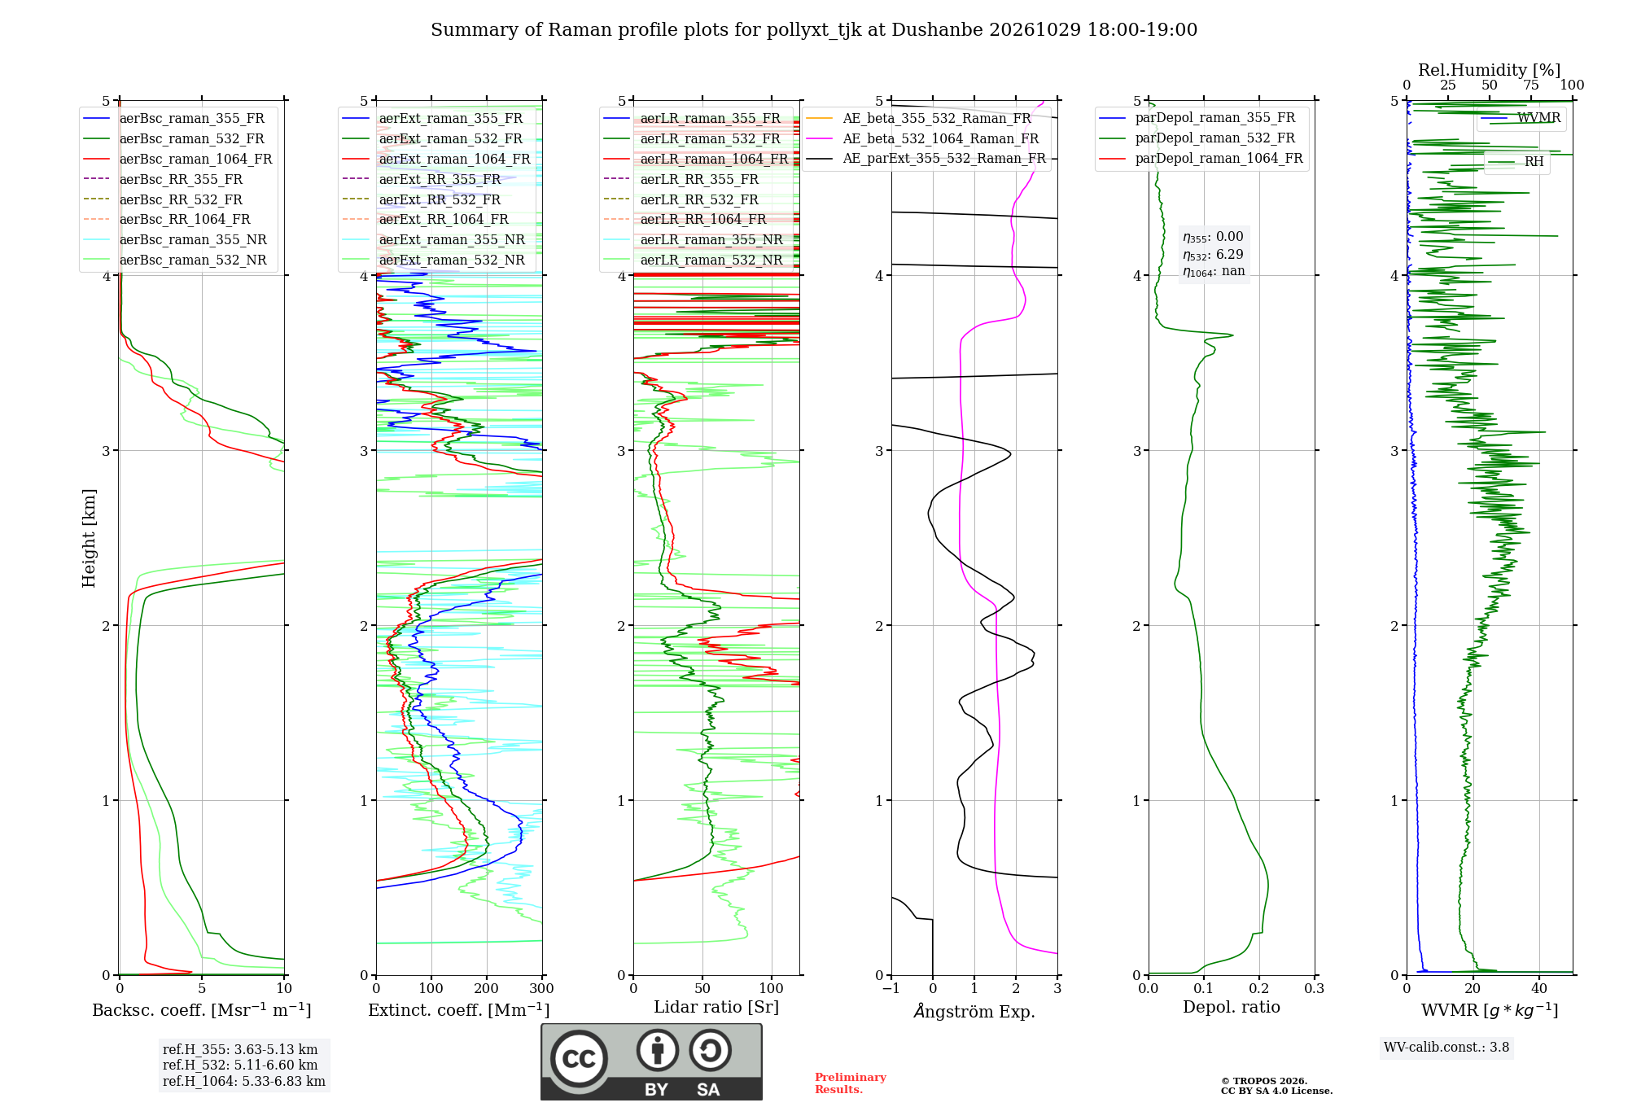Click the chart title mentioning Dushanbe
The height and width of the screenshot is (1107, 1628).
814,30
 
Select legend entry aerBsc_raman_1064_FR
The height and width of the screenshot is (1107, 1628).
177,159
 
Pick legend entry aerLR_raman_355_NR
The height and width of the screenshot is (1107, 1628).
693,239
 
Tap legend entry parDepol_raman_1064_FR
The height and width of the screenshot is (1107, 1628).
1201,158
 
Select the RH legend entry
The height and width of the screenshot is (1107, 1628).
1516,162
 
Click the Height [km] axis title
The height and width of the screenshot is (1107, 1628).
89,538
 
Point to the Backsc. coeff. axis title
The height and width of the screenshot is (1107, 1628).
202,1010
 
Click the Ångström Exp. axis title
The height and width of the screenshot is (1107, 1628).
974,1011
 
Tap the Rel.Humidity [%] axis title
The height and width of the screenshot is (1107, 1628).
1489,70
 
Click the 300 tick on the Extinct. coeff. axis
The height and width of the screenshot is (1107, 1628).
541,988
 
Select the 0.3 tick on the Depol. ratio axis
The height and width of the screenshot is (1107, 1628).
1314,988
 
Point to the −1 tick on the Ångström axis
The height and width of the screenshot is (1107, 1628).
891,988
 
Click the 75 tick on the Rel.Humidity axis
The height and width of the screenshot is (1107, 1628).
1530,85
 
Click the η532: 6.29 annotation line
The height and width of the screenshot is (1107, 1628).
1213,254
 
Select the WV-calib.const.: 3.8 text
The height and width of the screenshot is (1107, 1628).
1446,1047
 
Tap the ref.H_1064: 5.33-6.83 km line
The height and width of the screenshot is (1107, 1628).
244,1081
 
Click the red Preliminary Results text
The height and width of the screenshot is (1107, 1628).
851,1083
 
